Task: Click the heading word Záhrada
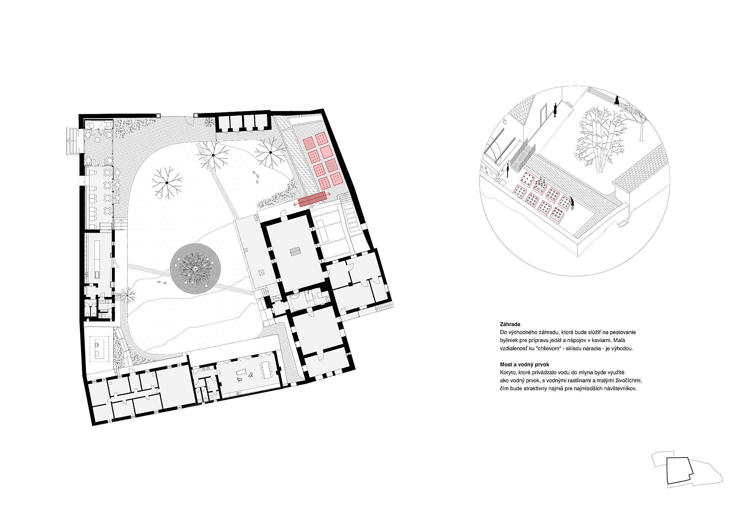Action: click(x=510, y=324)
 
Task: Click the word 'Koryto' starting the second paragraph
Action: click(x=508, y=372)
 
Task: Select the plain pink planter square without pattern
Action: click(x=327, y=152)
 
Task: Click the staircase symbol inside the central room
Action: click(x=295, y=251)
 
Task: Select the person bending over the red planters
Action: click(x=572, y=203)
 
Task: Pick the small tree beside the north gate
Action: click(x=209, y=122)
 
